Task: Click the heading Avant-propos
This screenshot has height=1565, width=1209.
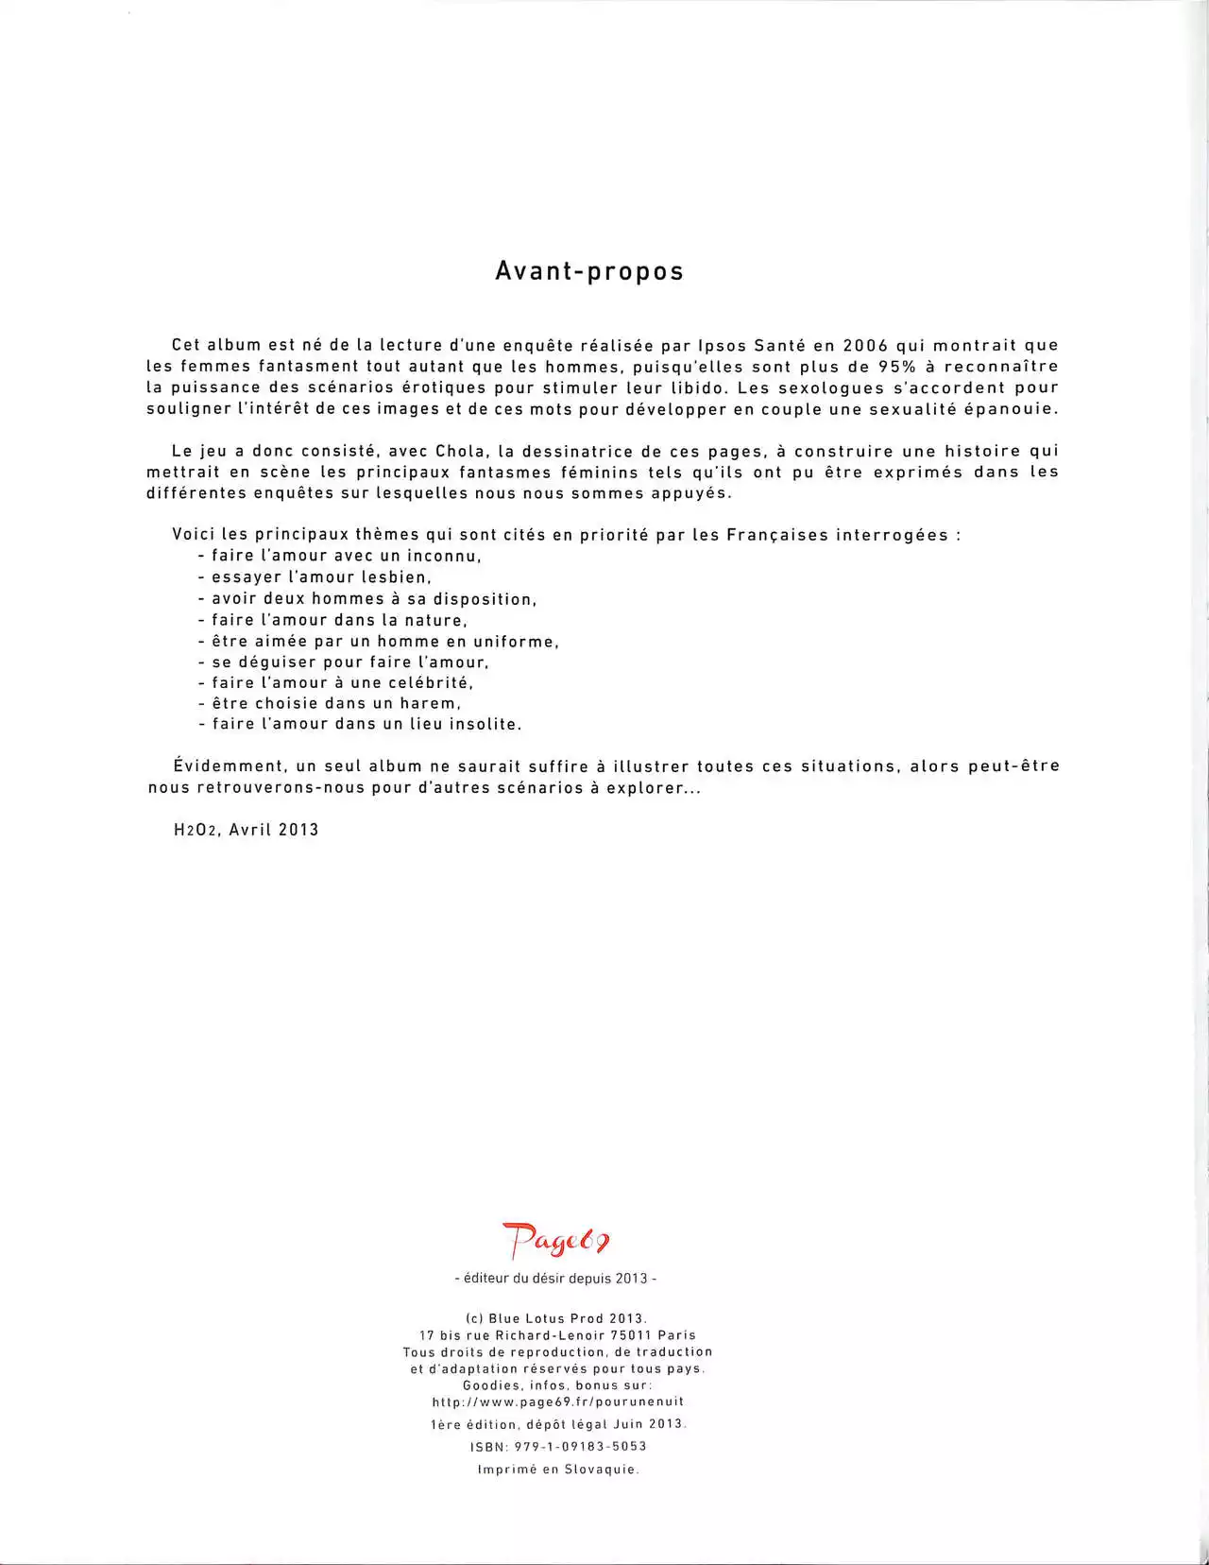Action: [589, 271]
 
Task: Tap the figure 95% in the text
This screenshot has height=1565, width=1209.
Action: [898, 367]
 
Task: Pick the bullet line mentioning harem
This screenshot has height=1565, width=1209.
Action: [330, 704]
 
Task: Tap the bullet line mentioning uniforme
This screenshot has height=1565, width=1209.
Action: [379, 642]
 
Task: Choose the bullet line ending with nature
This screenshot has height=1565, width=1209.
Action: [333, 621]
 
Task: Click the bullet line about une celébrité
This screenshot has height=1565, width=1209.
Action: [335, 683]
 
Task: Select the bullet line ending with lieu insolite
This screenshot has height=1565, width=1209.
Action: [360, 725]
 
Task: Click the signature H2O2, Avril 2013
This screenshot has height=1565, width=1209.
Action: [247, 830]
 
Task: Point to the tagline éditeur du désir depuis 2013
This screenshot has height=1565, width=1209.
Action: [555, 1279]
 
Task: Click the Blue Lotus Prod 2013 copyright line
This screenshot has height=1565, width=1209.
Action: [555, 1318]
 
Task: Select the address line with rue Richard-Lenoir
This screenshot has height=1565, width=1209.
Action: [557, 1335]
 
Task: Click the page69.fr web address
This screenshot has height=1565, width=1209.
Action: [557, 1402]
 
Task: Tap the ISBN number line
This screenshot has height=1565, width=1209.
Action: [557, 1447]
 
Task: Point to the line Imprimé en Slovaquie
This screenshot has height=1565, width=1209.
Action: [558, 1470]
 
